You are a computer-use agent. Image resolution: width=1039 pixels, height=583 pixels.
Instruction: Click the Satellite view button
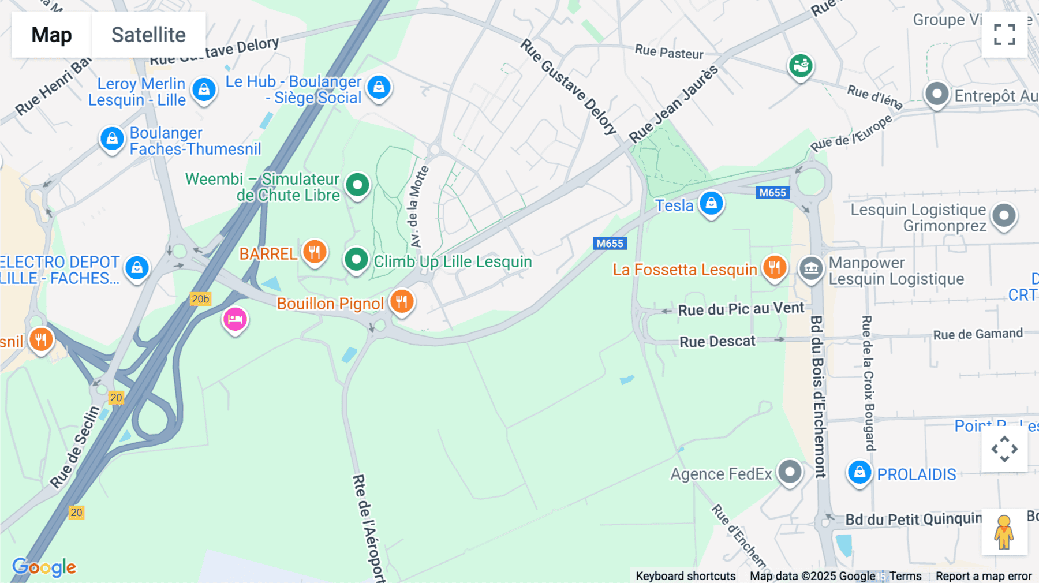[x=148, y=35]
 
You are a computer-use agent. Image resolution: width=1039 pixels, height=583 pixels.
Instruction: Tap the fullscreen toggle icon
[x=1004, y=35]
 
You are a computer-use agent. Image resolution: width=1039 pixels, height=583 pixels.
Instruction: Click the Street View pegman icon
[x=1004, y=532]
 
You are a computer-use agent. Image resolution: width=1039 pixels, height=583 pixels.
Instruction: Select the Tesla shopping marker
[x=711, y=204]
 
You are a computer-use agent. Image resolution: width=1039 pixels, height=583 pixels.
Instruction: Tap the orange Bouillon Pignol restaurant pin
[x=402, y=301]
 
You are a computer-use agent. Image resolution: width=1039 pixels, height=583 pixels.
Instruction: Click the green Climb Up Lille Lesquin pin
[x=356, y=260]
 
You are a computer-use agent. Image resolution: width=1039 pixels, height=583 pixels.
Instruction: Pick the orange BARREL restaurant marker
[x=315, y=252]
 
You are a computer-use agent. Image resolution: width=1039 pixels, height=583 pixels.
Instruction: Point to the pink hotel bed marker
[x=235, y=319]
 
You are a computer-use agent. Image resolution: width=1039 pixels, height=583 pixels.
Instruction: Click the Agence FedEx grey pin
[x=790, y=472]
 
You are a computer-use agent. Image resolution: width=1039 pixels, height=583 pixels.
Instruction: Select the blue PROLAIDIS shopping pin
[x=859, y=473]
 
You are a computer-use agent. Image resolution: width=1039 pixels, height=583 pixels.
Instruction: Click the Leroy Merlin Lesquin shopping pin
[x=204, y=90]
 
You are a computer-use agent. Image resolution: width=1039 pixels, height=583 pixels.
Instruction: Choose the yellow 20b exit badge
[x=200, y=299]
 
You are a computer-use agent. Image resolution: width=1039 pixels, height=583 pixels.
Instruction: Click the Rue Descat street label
[x=717, y=342]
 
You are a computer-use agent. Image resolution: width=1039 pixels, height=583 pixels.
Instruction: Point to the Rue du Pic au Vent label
[x=741, y=309]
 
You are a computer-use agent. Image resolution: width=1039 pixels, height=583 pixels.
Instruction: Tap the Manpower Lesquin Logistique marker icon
[x=811, y=269]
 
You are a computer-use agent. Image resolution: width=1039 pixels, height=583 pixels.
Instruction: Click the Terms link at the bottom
[x=905, y=576]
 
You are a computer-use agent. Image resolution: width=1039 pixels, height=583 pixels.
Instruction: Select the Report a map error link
[x=983, y=576]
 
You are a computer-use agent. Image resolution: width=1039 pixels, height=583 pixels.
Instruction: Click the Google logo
[x=44, y=567]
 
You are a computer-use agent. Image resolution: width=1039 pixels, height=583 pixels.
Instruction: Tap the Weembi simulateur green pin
[x=357, y=185]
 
